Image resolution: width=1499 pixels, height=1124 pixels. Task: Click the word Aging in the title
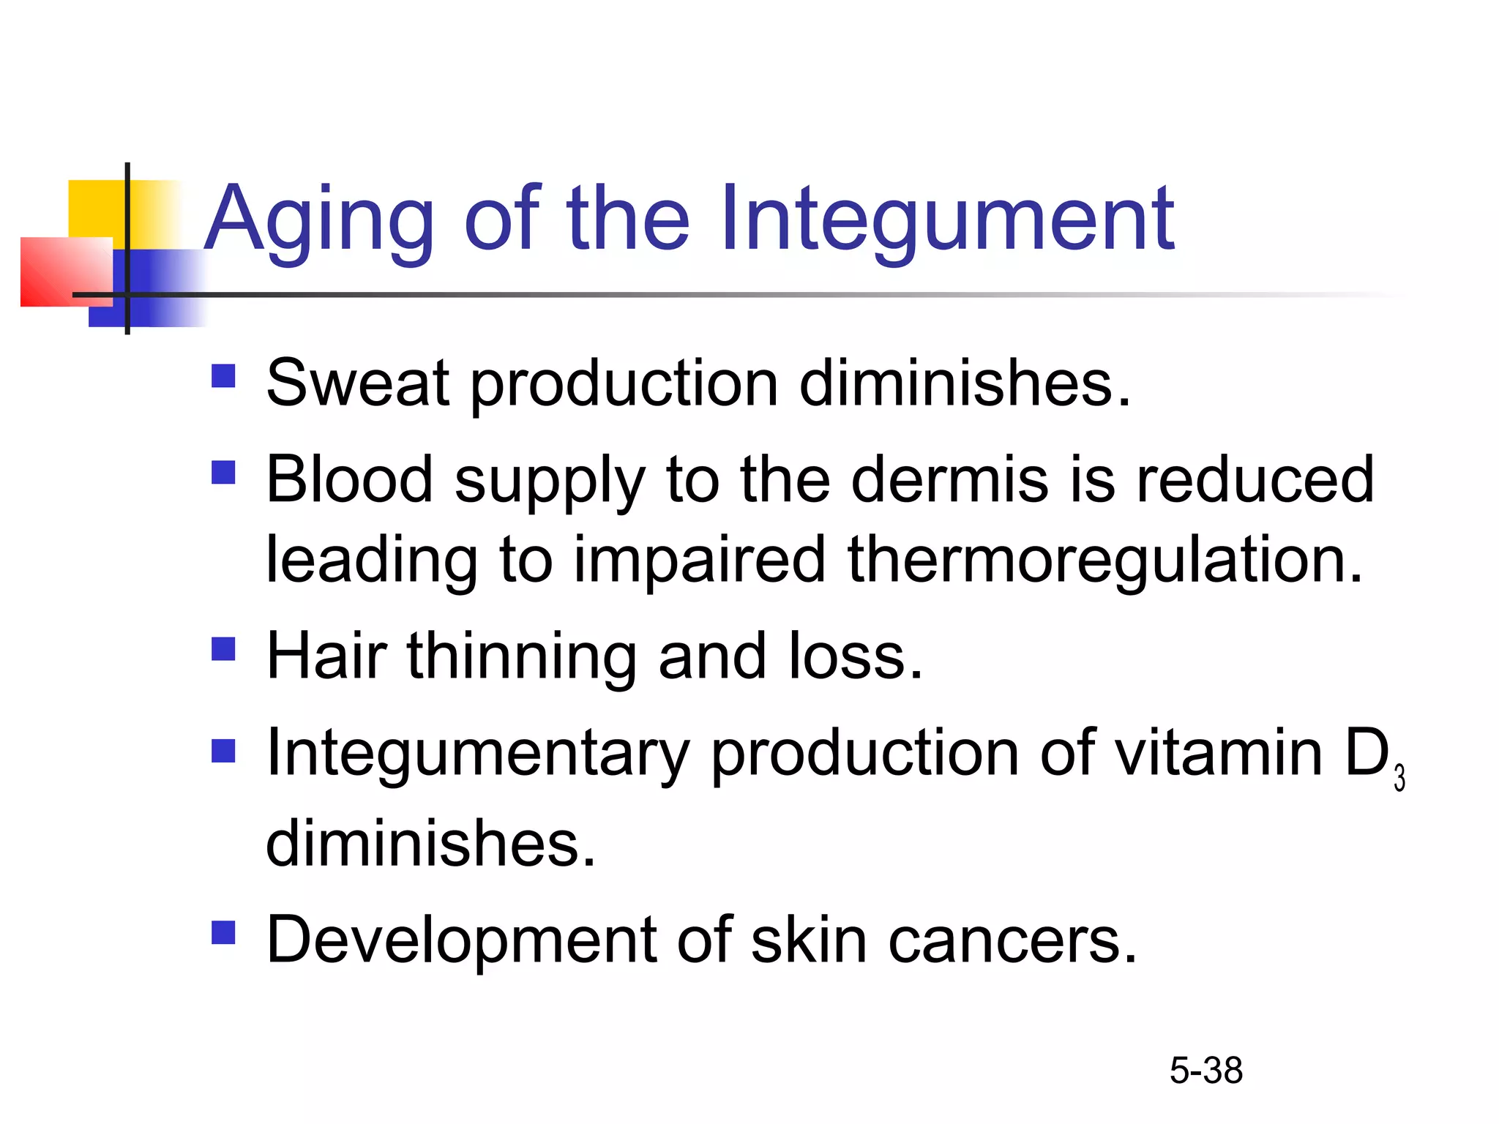pos(318,220)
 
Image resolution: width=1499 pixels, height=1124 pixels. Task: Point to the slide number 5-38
pos(1205,1071)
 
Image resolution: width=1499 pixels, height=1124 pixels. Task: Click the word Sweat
pos(357,383)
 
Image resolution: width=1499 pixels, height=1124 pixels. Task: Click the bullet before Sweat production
pos(223,376)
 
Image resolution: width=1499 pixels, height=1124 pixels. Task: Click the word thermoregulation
pos(1105,560)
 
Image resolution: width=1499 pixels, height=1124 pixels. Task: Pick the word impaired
pos(699,560)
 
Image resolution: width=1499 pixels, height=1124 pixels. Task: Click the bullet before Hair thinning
pos(223,649)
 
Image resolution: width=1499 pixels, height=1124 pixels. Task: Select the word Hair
pos(326,656)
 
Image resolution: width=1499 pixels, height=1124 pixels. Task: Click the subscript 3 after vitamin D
pos(1399,778)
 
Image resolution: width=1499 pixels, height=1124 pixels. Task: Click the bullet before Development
pos(223,933)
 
